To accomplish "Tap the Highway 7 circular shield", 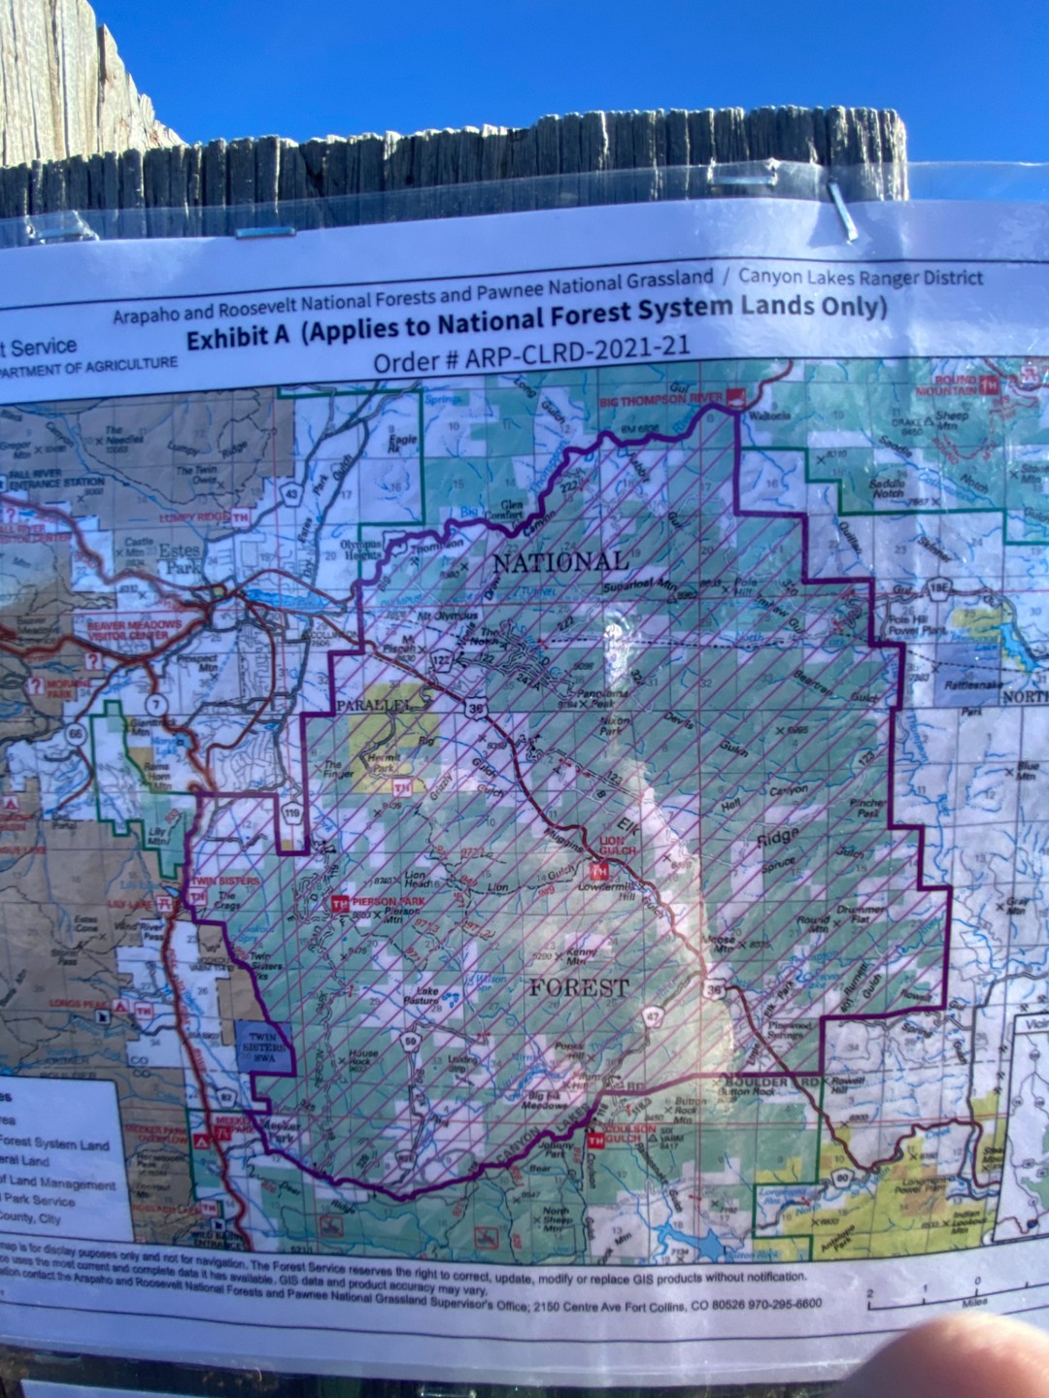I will [152, 701].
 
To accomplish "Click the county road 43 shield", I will [290, 495].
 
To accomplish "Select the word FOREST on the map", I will [579, 987].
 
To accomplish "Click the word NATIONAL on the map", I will [560, 562].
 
